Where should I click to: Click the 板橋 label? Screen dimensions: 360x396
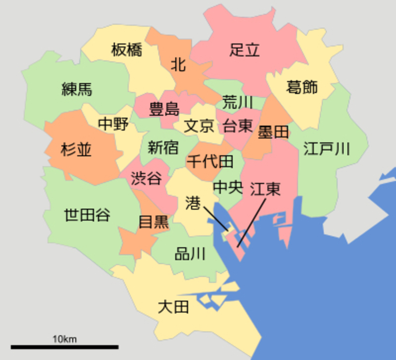(x=126, y=50)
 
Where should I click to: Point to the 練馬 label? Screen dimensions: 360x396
(x=77, y=90)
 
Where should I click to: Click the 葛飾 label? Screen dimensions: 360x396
(x=302, y=88)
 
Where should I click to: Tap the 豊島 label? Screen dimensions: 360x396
(x=164, y=109)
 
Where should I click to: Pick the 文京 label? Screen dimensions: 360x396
(x=199, y=126)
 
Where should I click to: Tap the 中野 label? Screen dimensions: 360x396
(x=113, y=124)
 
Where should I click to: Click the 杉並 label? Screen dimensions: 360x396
(x=76, y=149)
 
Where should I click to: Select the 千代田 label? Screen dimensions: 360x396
(x=210, y=161)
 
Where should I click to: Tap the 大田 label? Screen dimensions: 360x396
(x=173, y=307)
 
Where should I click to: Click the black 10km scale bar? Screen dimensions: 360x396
(x=64, y=347)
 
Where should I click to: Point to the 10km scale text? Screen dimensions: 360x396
(x=64, y=339)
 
